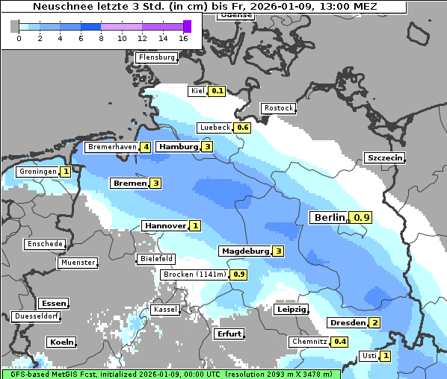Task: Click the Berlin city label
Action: click(x=329, y=218)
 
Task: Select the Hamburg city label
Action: click(x=178, y=147)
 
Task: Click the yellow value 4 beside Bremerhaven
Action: click(x=146, y=148)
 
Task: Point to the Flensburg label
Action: click(x=156, y=57)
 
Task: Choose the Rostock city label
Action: click(x=278, y=108)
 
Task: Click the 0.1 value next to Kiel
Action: click(x=217, y=91)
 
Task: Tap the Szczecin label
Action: click(x=384, y=157)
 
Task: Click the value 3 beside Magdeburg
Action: click(x=278, y=251)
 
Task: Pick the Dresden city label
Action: click(x=347, y=323)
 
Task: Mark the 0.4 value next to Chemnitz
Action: click(x=340, y=342)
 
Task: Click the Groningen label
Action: click(x=37, y=172)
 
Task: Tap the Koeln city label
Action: click(x=61, y=342)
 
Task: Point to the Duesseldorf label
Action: click(x=37, y=316)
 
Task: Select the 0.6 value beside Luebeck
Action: click(x=242, y=128)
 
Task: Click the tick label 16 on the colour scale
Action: click(x=184, y=38)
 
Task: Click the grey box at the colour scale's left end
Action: click(x=15, y=27)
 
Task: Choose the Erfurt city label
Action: click(x=229, y=333)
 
